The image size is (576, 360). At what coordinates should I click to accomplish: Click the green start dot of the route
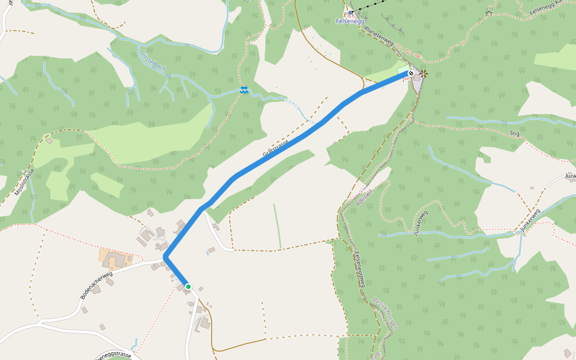pyautogui.click(x=188, y=287)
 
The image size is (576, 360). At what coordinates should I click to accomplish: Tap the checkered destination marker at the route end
pyautogui.click(x=411, y=73)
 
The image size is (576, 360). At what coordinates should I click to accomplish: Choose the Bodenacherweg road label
pyautogui.click(x=96, y=286)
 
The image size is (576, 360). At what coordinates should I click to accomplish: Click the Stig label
pyautogui.click(x=514, y=133)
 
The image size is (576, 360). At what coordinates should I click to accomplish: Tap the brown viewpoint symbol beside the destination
pyautogui.click(x=424, y=74)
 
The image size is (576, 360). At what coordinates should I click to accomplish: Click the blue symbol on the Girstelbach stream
pyautogui.click(x=244, y=90)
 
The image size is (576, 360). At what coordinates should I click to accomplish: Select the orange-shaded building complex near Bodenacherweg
pyautogui.click(x=116, y=259)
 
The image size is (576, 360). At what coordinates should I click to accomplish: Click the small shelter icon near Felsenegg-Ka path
pyautogui.click(x=489, y=13)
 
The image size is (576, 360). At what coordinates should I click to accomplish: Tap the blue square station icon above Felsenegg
pyautogui.click(x=350, y=12)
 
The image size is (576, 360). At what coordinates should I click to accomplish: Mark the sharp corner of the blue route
pyautogui.click(x=165, y=257)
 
